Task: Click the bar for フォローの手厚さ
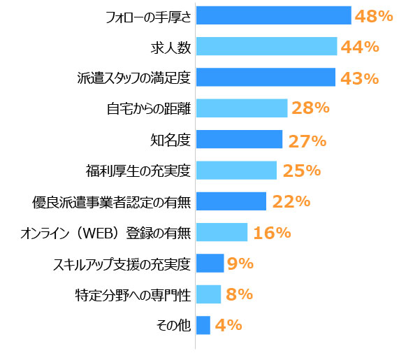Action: coord(273,15)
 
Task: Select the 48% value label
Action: coord(373,15)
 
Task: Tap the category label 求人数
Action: coord(171,47)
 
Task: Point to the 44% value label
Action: coord(359,47)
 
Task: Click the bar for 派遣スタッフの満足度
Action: coord(266,78)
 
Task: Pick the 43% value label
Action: coord(358,78)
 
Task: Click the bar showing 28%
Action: coord(242,108)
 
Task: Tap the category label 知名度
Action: coord(171,140)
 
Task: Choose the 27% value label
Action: coord(307,141)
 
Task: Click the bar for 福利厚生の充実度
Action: coord(236,171)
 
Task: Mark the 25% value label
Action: coord(301,171)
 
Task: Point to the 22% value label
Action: coord(291,201)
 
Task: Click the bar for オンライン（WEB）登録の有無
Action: coord(222,232)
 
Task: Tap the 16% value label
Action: coord(272,233)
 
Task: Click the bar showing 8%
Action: coord(208,294)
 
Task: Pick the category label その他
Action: coord(175,325)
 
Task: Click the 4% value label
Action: coord(228,325)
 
